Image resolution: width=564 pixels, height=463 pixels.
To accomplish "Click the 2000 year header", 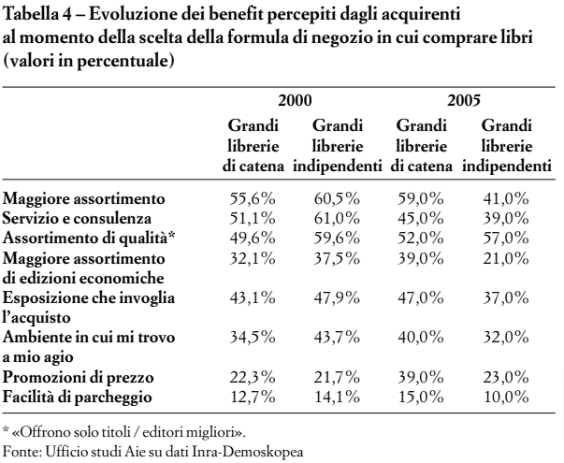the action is (x=295, y=101).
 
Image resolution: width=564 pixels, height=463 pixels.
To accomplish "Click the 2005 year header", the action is (x=464, y=101).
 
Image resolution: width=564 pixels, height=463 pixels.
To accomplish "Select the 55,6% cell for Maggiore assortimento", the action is (x=253, y=198).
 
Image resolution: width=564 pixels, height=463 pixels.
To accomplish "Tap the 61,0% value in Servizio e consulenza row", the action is (x=337, y=218).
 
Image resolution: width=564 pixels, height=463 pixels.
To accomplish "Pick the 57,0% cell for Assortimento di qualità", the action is (x=506, y=239).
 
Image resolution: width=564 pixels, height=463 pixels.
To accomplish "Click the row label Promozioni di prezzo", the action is (x=78, y=378).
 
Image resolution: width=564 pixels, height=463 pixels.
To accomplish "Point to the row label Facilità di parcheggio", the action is (x=77, y=398).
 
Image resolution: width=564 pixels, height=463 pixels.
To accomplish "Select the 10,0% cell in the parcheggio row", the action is (x=506, y=398).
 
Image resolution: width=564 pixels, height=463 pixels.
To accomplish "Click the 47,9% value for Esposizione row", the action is (x=337, y=297).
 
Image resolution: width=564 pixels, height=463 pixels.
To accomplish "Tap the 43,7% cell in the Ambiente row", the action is (x=337, y=338).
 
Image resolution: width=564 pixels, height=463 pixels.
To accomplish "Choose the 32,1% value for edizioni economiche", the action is (x=253, y=258).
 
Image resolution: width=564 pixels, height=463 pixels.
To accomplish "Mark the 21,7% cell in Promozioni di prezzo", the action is (x=337, y=377).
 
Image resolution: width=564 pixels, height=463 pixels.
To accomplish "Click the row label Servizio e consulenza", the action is (x=77, y=219).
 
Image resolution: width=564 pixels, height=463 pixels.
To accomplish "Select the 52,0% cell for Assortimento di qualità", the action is (x=421, y=239).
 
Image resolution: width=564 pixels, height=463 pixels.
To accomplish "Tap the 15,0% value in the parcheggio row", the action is (x=421, y=398).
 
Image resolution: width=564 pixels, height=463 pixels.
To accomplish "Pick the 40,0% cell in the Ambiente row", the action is (x=421, y=338).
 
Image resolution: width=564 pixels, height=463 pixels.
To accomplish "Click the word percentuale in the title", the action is (x=123, y=61).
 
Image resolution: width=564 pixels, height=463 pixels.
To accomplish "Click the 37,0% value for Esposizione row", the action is (x=506, y=297).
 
